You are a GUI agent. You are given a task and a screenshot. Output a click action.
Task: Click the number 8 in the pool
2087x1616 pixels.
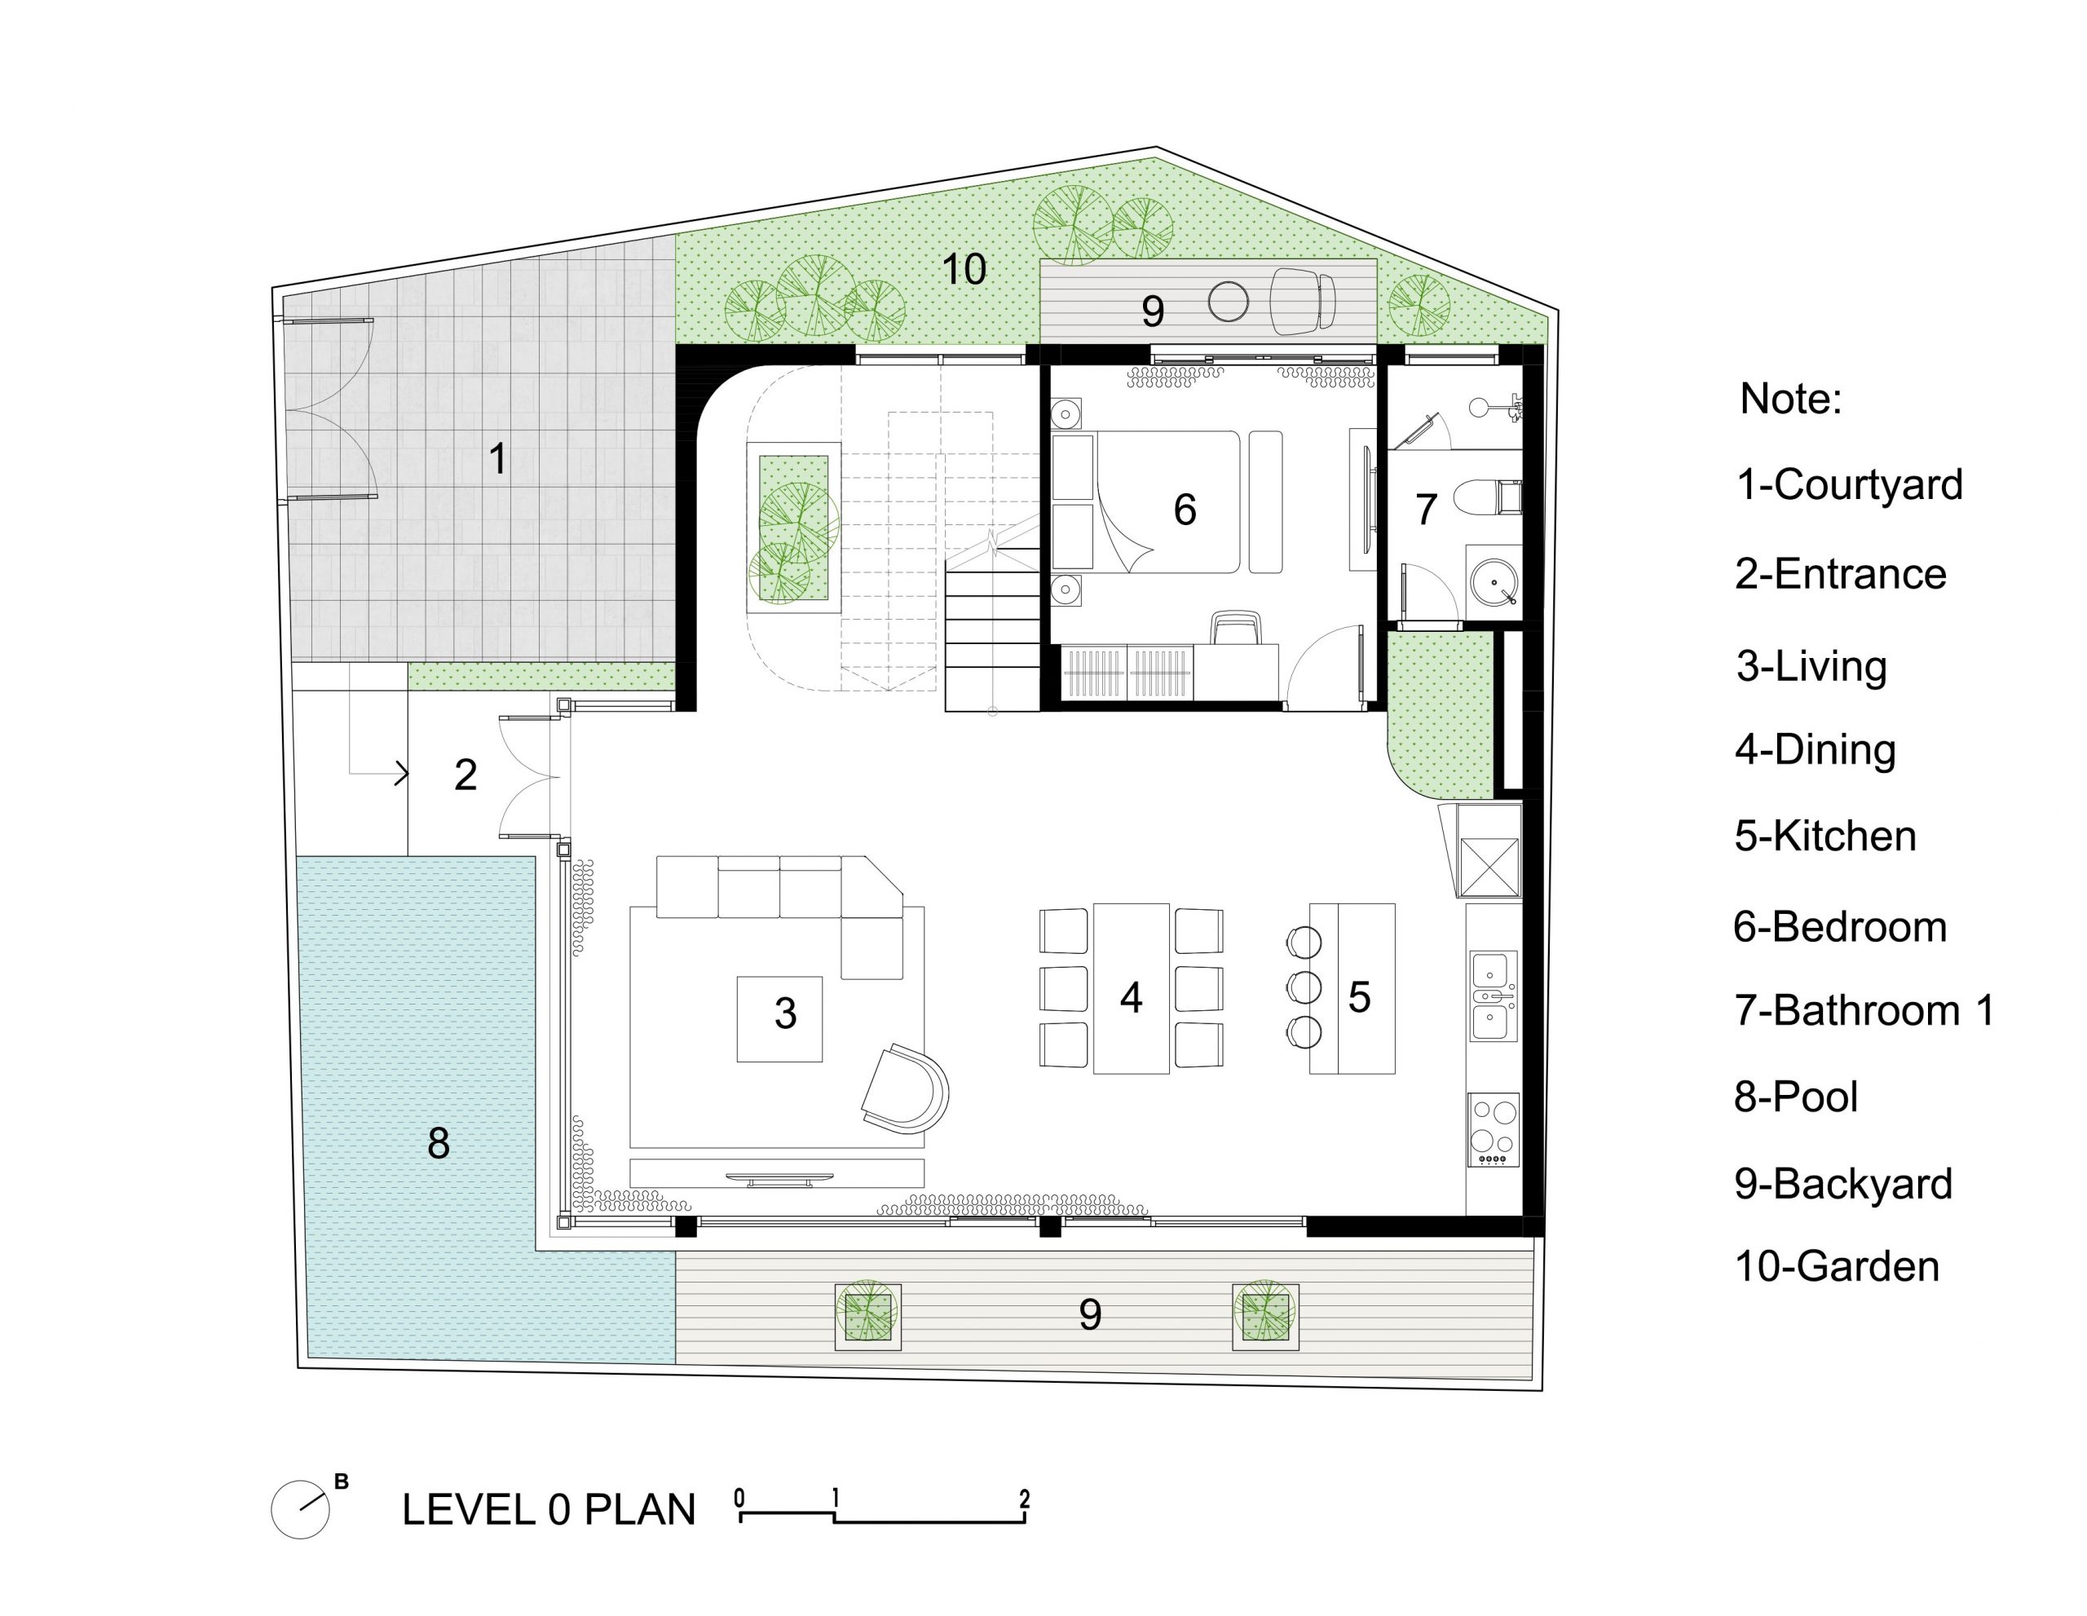439,1143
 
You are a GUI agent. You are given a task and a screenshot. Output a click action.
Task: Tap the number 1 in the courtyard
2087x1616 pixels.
498,459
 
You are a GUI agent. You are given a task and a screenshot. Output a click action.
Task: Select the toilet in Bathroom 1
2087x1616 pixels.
1486,497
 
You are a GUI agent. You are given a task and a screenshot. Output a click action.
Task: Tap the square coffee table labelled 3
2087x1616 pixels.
779,1018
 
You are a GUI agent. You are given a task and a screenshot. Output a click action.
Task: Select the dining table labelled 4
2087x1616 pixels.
1132,988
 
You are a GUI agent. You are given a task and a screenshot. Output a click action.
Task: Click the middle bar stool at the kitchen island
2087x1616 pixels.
1304,987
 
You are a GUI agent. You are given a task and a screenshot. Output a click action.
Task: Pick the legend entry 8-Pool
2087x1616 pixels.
1795,1096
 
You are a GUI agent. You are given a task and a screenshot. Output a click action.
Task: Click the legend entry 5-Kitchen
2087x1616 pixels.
1825,837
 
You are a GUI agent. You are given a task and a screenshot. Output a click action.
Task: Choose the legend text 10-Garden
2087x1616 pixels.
1837,1266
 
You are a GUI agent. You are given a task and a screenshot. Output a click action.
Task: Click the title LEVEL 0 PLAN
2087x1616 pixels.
549,1510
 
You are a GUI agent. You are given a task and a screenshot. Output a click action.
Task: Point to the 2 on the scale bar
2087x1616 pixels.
1025,1499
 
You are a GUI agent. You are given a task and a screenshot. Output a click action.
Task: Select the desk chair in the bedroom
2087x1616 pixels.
1237,628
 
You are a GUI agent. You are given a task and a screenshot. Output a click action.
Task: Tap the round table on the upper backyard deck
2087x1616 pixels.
1228,302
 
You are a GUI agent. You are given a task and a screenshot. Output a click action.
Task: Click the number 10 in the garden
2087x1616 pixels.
964,270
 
